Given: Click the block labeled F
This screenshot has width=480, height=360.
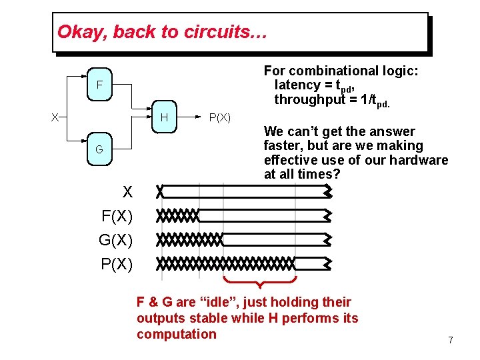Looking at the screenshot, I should coord(99,85).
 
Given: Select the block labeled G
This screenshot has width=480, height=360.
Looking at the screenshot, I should coord(99,149).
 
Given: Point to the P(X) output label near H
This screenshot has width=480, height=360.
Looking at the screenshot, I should coord(220,118).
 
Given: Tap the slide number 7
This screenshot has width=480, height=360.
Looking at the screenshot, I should coord(451,341).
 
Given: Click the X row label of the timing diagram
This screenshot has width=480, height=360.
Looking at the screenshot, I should coord(128,193).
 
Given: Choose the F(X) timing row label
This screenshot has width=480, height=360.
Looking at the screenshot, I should coord(117,216).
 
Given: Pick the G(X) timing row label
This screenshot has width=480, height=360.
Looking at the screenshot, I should coord(116,240).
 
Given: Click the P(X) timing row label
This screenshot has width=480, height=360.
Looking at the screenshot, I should coord(117,264).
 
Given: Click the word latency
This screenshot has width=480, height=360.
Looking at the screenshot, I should coord(297,85).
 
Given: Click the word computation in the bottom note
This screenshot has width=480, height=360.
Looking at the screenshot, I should coord(177,334).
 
